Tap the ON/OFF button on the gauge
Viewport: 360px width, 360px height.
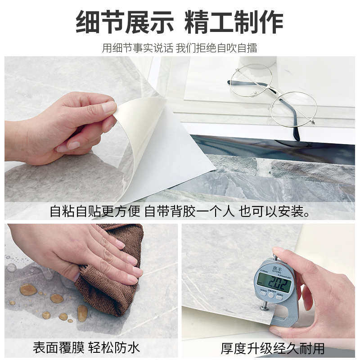[271, 295]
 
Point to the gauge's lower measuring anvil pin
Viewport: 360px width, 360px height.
[265, 306]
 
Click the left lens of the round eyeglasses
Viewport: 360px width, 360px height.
[251, 80]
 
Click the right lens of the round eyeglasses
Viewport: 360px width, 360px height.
[293, 109]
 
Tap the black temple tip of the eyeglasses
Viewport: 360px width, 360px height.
[296, 134]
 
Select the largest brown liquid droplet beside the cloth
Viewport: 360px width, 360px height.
[28, 290]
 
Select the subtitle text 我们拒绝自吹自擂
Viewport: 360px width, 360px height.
[216, 48]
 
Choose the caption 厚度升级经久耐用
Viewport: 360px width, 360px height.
[272, 348]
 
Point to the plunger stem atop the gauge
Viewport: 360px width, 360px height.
[275, 257]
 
